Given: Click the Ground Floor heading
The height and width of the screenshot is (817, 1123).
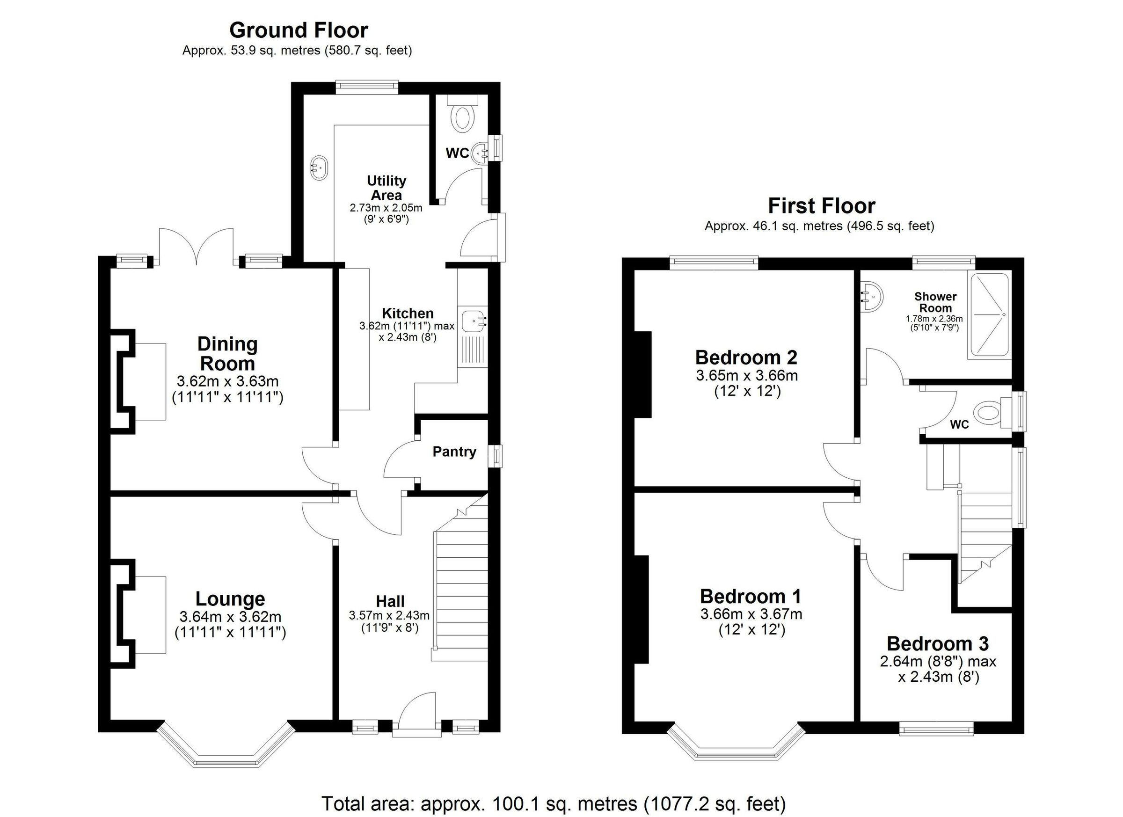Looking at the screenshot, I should pos(298,31).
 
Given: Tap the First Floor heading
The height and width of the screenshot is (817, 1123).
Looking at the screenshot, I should pos(822,206).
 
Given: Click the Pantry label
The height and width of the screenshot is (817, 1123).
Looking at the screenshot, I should pos(454,452).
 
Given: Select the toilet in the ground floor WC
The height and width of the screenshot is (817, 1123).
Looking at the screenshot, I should pos(462,118).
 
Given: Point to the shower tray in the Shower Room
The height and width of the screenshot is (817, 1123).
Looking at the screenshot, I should pos(989,315).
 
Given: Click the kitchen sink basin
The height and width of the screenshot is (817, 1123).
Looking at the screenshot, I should pos(474,321).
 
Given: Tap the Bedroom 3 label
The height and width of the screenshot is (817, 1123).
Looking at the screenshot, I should pos(937,644).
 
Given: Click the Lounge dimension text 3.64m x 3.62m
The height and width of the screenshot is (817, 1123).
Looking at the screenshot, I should pos(230,617).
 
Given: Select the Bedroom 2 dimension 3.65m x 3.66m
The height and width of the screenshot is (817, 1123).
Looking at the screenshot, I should pos(747,375).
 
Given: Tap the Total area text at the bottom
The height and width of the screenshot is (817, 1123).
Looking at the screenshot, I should pos(554,803).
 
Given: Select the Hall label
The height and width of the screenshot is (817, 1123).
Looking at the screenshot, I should pos(390,601).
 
